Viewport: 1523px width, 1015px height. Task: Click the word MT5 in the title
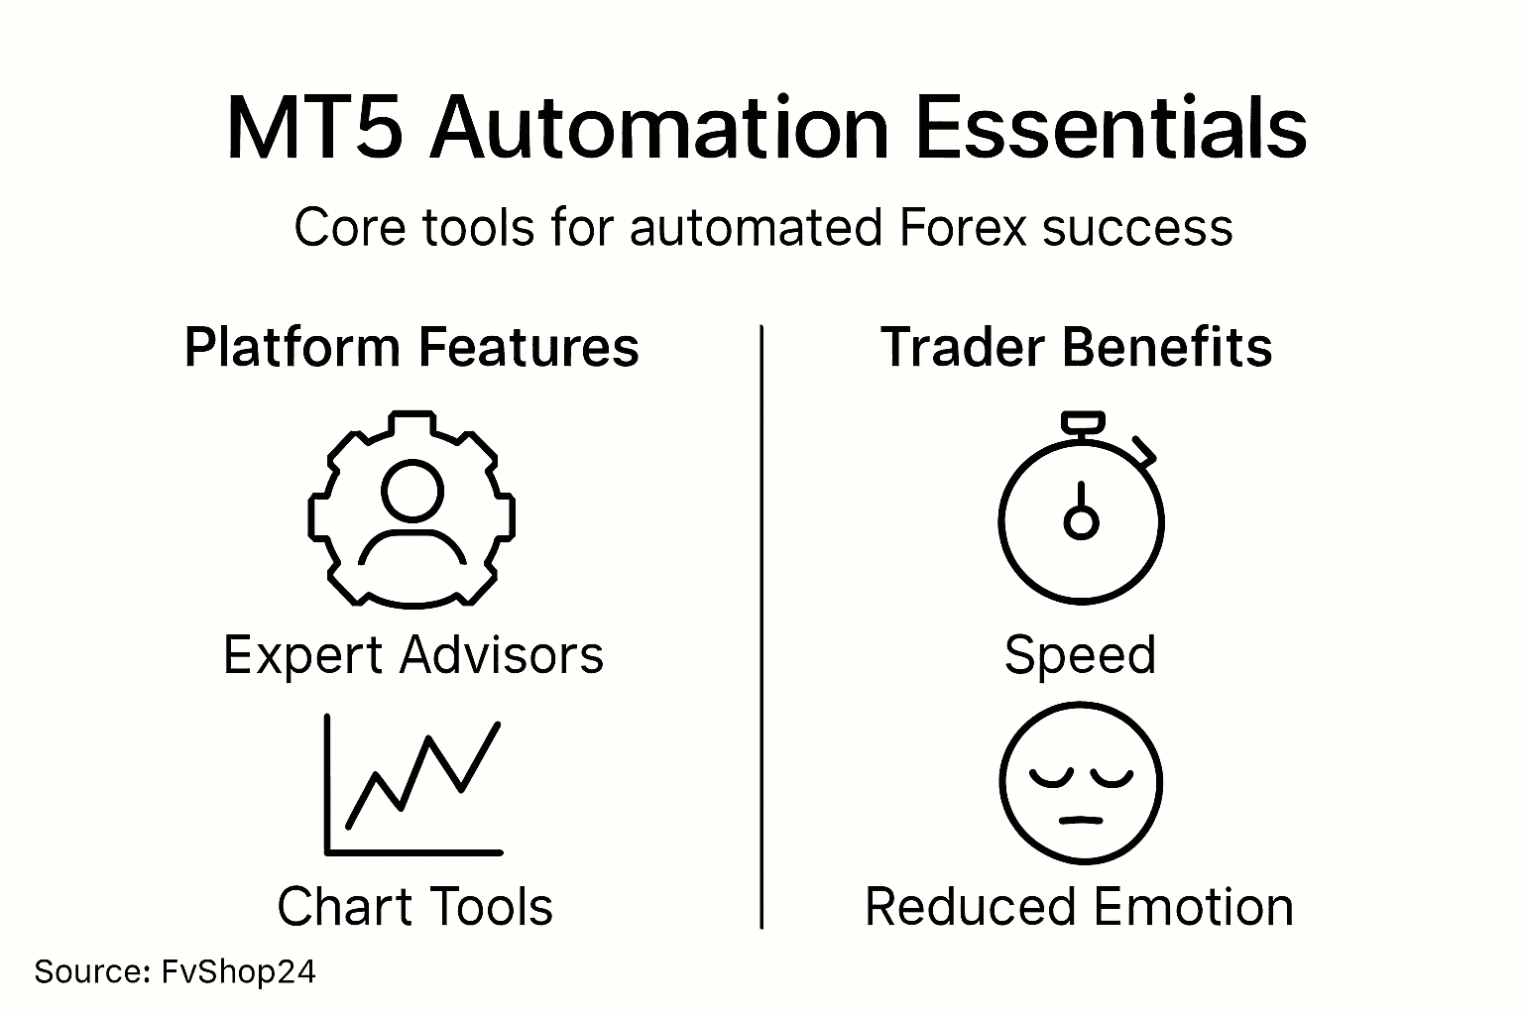(x=314, y=129)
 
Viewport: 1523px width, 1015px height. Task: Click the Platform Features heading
(x=411, y=348)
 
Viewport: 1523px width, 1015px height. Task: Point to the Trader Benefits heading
(x=1076, y=348)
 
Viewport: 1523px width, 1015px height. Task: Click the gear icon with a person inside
(x=411, y=507)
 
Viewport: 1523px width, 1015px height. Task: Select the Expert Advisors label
(x=412, y=655)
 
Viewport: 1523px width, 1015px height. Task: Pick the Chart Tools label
(x=414, y=907)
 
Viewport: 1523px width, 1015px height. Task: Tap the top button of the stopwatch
(x=1082, y=422)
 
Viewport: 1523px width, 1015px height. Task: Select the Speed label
(x=1080, y=655)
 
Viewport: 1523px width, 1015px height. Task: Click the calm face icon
(x=1081, y=784)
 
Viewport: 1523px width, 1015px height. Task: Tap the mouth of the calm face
(x=1081, y=820)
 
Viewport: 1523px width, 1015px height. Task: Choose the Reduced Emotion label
(x=1079, y=907)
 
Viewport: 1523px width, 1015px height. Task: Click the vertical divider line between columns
(x=761, y=624)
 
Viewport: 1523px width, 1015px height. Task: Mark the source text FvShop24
(x=238, y=971)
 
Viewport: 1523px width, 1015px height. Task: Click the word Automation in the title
(x=658, y=129)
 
